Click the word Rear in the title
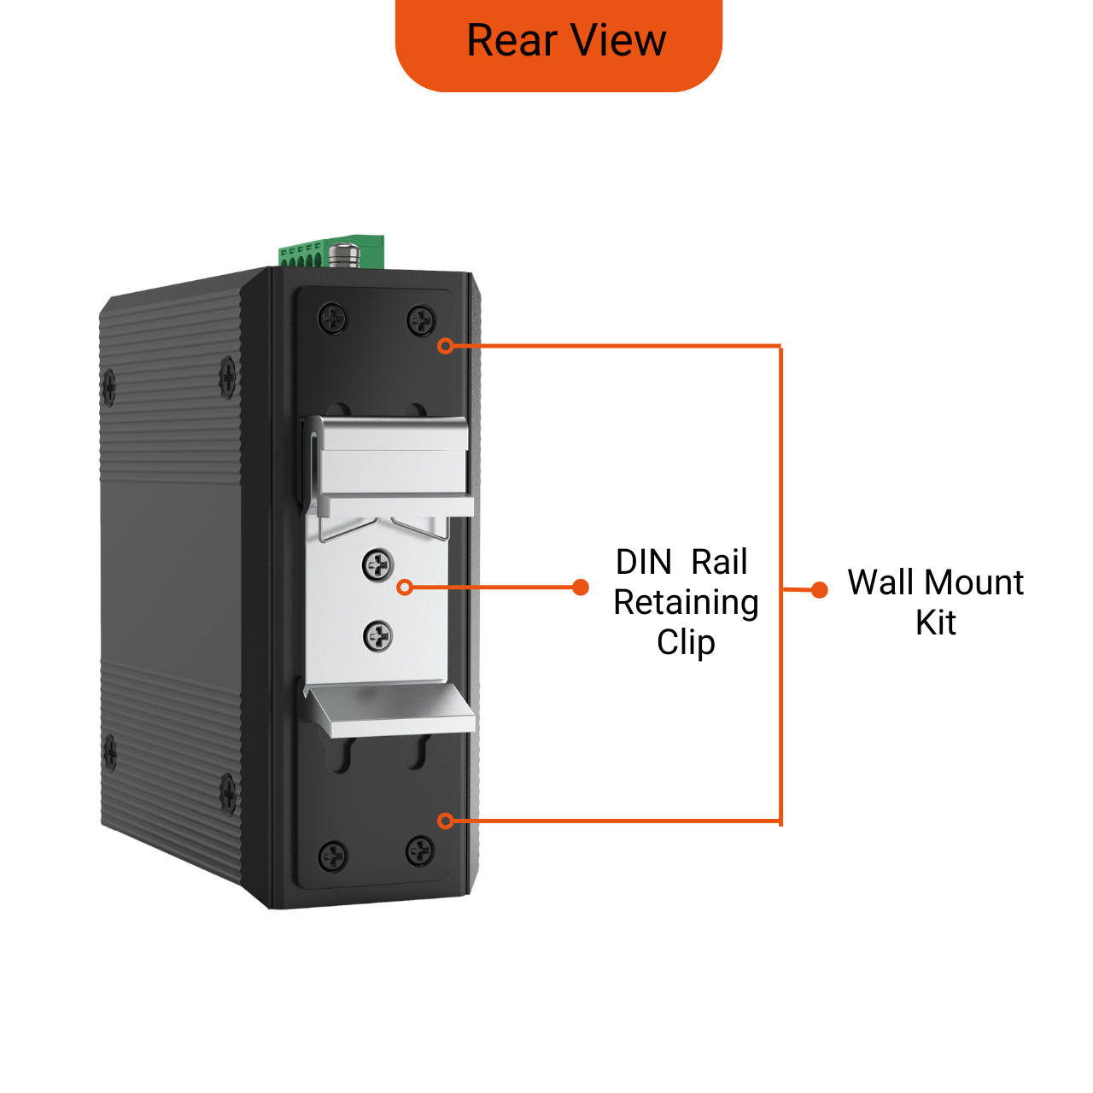coord(511,40)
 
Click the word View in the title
coord(618,40)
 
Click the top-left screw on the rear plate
coord(332,319)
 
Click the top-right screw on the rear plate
coord(420,321)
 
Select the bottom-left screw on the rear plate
coord(332,856)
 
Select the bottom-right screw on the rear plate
coord(419,850)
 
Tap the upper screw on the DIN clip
coord(377,564)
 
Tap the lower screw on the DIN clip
coord(377,635)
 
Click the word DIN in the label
coord(644,563)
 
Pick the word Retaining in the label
coord(686,603)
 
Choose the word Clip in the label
coord(686,642)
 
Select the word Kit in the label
coord(935,622)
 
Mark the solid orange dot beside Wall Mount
coord(819,589)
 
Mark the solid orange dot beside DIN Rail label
coord(581,587)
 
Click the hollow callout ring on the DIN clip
coord(406,587)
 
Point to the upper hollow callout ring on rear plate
coord(445,346)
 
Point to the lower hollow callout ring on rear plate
coord(445,821)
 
